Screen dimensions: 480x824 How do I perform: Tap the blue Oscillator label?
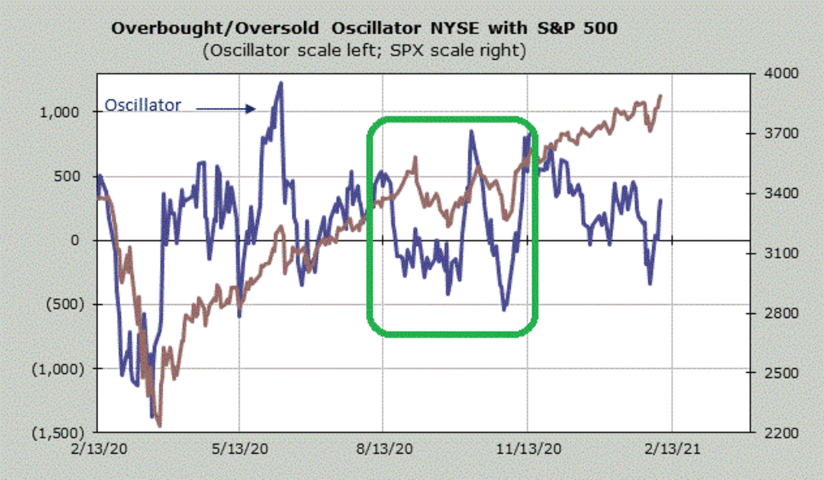[143, 105]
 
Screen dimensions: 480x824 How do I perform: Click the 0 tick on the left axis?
[78, 240]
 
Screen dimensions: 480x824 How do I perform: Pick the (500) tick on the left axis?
[65, 304]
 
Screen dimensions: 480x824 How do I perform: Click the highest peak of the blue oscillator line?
[280, 83]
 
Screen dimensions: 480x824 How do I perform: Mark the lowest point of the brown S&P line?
[159, 426]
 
